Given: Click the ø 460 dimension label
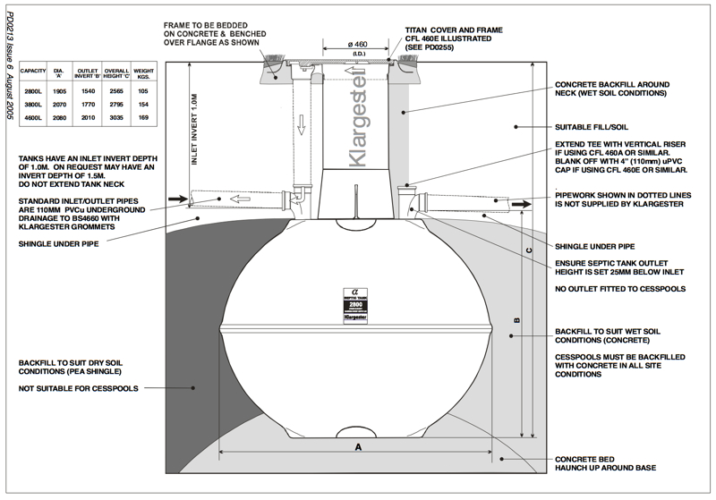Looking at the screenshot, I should pyautogui.click(x=358, y=44).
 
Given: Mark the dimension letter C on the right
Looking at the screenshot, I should pyautogui.click(x=530, y=250).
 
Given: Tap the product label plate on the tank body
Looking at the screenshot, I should pyautogui.click(x=358, y=304).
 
